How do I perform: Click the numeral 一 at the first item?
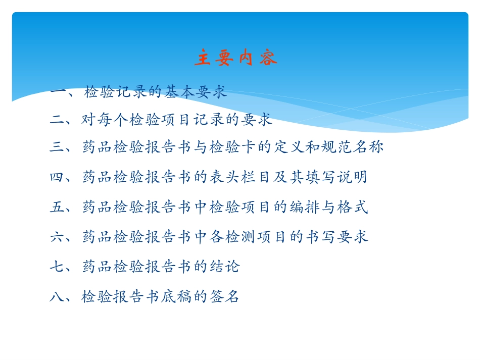click(x=57, y=92)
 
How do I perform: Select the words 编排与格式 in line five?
click(x=330, y=207)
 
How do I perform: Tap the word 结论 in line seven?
click(x=226, y=267)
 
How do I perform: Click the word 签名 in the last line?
click(x=226, y=296)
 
